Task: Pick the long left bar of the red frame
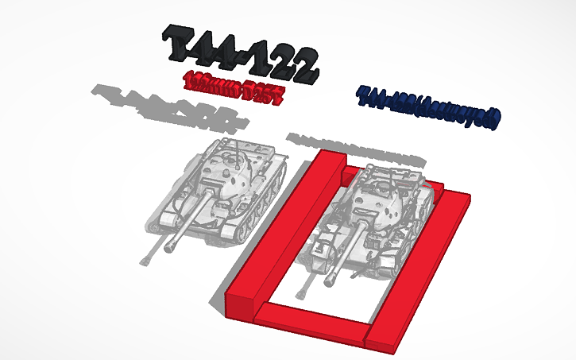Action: pyautogui.click(x=278, y=230)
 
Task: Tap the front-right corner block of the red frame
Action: pyautogui.click(x=380, y=339)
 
